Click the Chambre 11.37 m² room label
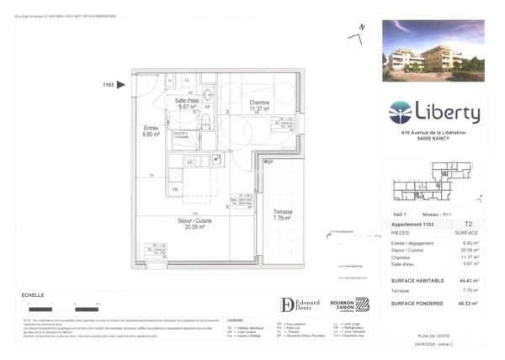point(258,105)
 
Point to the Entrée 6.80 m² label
point(151,130)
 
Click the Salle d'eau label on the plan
point(186,104)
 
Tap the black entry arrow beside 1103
point(121,84)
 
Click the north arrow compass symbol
point(358,34)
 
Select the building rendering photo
point(433,50)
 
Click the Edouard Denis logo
point(300,304)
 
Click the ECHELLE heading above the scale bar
point(33,295)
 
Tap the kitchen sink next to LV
point(216,158)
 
